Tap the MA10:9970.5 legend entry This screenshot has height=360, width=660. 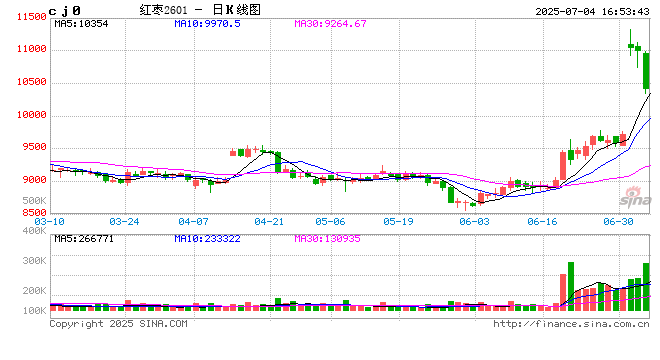click(205, 22)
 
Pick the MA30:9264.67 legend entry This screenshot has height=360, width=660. click(330, 22)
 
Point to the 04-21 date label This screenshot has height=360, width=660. click(270, 220)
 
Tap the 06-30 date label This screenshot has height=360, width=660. click(621, 220)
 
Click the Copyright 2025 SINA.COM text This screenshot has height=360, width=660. click(118, 323)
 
